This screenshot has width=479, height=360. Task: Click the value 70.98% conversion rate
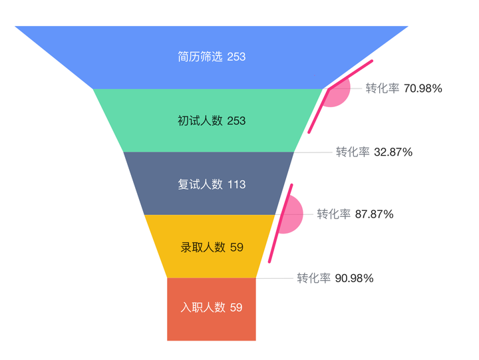point(422,88)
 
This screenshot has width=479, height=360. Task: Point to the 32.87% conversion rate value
point(393,152)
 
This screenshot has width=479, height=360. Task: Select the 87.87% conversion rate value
point(374,214)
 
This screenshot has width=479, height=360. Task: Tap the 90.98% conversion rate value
point(354,278)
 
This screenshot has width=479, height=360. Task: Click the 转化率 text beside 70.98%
point(383,88)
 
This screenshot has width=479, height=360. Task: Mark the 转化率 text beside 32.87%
point(353,152)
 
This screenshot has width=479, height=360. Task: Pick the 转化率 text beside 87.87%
point(333,214)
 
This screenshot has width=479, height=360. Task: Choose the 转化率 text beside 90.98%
point(313,278)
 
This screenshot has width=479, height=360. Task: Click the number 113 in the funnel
point(236,184)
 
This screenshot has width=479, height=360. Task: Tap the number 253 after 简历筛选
point(236,57)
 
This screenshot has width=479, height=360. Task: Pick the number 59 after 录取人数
point(236,248)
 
